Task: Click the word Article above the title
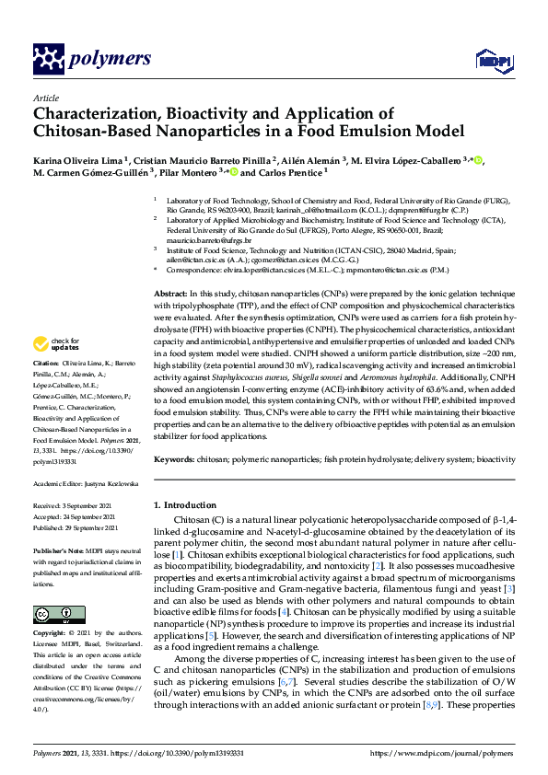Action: pyautogui.click(x=46, y=97)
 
